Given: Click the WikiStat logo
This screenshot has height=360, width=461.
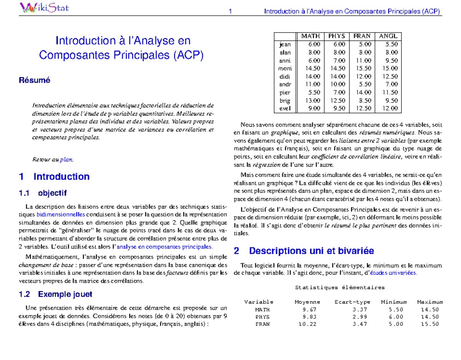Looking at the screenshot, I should [x=44, y=7].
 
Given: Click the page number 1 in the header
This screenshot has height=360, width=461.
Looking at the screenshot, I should [x=230, y=12].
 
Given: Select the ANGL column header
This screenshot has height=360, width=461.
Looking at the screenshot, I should [x=388, y=36].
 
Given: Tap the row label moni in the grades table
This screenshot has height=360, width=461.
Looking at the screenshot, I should [x=285, y=68].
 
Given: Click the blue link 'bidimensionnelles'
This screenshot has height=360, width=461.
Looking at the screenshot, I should [x=60, y=214].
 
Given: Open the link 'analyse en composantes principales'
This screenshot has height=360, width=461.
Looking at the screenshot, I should [x=164, y=247].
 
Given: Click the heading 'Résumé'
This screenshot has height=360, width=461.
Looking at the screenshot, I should [x=35, y=81].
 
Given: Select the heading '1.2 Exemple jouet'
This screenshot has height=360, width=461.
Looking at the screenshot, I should [x=55, y=295].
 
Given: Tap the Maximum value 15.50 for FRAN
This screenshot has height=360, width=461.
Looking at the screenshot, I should [x=430, y=324].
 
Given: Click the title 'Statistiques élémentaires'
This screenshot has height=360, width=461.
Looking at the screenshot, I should [x=339, y=287].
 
